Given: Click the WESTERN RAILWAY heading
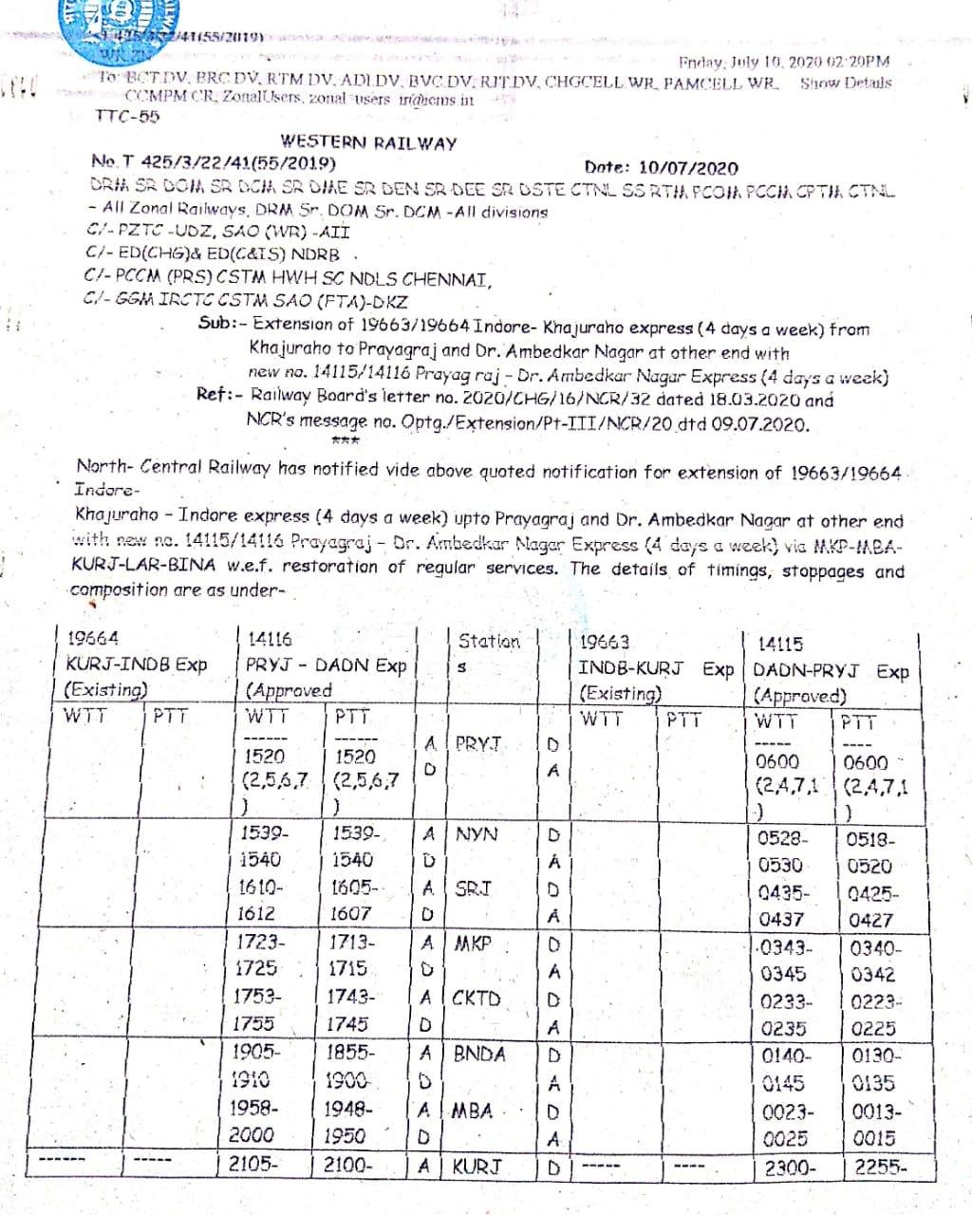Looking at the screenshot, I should point(368,143).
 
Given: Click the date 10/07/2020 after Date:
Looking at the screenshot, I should point(689,168).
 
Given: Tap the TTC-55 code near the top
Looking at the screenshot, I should point(128,117).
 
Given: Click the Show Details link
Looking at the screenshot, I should point(846,83).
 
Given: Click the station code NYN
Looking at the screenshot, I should point(477,835).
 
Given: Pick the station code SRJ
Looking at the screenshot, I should point(474,889).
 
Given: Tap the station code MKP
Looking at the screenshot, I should point(474,944).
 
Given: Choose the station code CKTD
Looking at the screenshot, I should point(477,998).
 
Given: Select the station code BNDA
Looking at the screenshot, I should point(479,1054).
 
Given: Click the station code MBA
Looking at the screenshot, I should point(472,1110).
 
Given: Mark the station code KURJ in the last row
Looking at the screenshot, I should point(477,1166).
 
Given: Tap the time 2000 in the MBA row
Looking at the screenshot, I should point(252,1135).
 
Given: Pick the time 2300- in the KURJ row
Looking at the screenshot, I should point(790,1168).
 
